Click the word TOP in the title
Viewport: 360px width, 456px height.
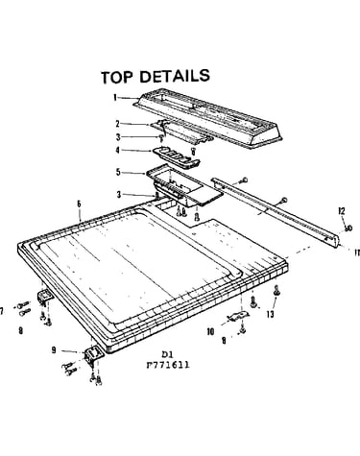click(116, 78)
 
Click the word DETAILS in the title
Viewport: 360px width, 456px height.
click(175, 76)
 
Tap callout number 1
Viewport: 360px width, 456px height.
click(115, 97)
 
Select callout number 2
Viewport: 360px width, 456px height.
click(117, 124)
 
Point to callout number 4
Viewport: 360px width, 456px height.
click(117, 150)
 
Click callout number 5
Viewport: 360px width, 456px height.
click(118, 172)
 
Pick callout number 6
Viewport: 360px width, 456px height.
click(79, 204)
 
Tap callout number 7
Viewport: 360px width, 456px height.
click(2, 310)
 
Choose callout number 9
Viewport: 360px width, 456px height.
click(54, 350)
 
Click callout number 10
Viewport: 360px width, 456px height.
click(210, 331)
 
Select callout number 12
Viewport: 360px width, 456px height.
click(342, 211)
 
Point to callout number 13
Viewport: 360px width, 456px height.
click(271, 314)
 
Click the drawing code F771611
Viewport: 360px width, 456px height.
click(168, 365)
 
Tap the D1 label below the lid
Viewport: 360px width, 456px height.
click(167, 354)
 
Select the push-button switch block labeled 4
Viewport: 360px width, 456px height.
click(177, 156)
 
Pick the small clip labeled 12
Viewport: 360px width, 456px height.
click(348, 228)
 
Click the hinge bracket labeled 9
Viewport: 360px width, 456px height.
click(93, 355)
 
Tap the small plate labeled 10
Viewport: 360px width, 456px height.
click(238, 316)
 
